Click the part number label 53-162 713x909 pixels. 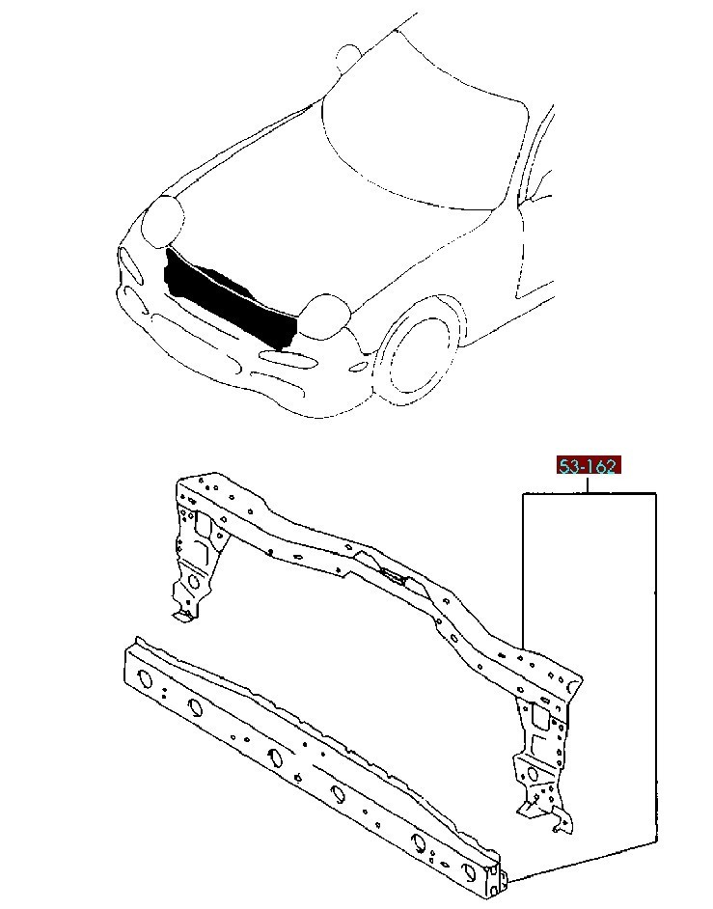589,465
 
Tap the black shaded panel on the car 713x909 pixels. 229,298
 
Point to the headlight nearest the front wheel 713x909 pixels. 326,316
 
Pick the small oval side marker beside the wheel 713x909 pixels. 359,367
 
